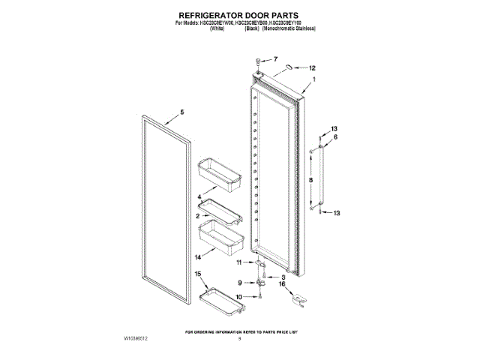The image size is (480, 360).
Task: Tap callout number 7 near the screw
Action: coord(274,58)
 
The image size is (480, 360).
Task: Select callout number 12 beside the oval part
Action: coord(313,67)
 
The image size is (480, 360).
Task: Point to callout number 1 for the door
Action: coord(313,79)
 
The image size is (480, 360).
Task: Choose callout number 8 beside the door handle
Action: coord(334,137)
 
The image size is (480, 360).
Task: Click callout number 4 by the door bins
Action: coord(199,197)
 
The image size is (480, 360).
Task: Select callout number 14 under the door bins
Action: coord(199,257)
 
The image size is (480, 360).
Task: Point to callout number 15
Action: coord(198,274)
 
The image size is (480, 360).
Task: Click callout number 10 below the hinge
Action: coord(239,298)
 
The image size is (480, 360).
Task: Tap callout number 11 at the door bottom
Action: coord(240,262)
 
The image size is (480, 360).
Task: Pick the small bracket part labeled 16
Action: coord(298,298)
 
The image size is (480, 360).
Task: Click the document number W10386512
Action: coord(136,339)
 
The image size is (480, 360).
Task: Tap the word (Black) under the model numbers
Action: coord(252,28)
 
